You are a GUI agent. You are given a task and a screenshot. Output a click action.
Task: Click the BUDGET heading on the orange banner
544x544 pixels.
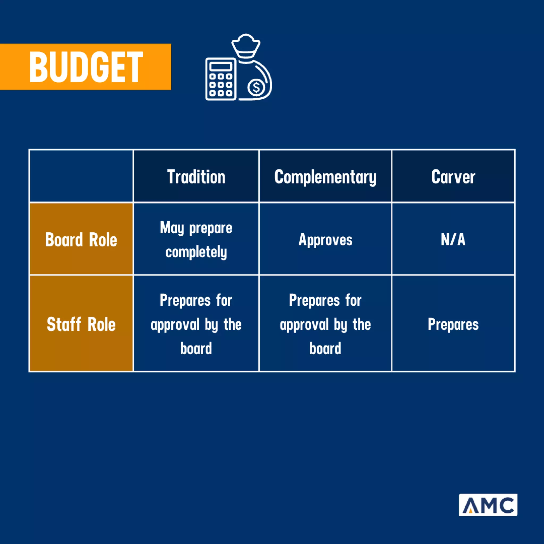86,67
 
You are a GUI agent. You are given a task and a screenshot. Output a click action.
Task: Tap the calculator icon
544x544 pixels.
221,79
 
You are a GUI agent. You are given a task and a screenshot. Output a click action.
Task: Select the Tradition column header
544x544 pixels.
196,177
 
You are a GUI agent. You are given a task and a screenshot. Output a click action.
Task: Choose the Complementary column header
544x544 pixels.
325,177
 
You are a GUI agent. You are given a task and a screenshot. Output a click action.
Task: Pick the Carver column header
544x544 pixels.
453,177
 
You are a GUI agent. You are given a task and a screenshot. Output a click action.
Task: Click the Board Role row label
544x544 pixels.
81,240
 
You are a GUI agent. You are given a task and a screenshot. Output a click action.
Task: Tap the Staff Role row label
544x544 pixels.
81,324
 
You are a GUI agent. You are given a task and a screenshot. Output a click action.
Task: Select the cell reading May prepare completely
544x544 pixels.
196,240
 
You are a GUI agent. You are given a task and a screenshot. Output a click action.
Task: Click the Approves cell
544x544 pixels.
325,240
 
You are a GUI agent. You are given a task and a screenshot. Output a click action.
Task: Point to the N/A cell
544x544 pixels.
453,240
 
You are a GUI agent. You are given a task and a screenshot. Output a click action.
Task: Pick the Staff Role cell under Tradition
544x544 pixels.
196,324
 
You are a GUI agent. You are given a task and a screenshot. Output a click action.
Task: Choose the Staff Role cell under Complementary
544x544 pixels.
325,324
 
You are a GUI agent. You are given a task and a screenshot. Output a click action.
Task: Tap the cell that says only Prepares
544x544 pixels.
453,324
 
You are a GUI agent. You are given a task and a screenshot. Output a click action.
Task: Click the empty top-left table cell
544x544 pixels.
81,176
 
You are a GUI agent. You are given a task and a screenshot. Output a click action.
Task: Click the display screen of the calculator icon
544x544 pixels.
221,67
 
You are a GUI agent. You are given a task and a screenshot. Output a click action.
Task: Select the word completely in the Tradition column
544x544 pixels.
196,252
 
